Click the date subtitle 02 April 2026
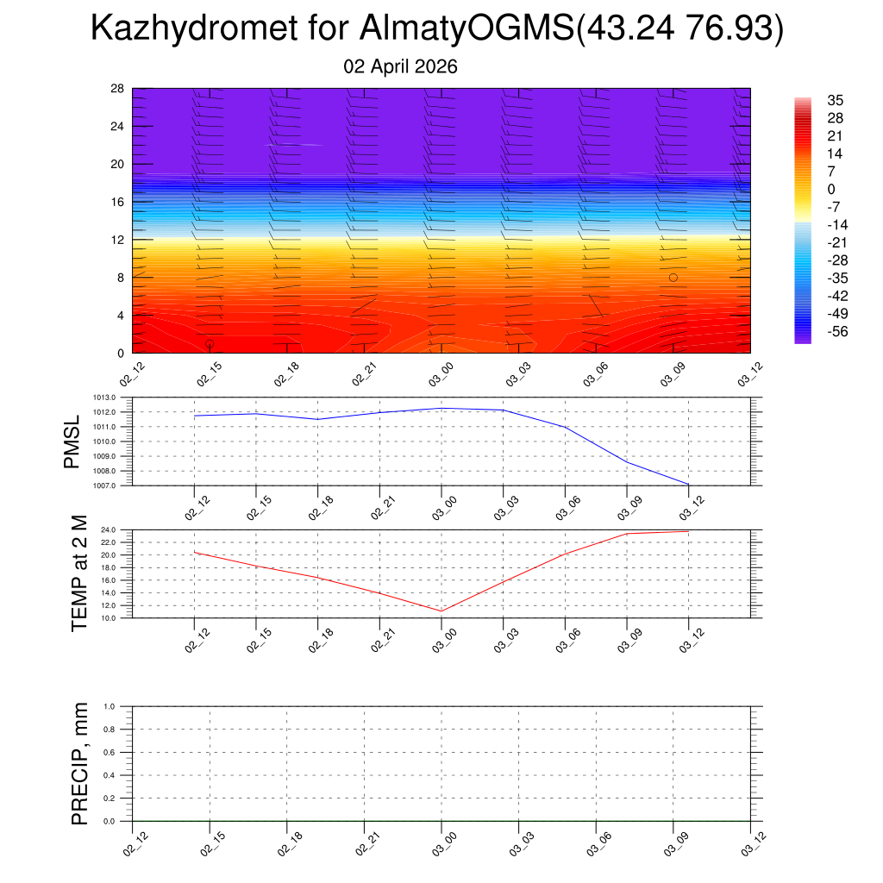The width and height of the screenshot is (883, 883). click(x=400, y=66)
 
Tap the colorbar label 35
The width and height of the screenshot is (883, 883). click(x=835, y=100)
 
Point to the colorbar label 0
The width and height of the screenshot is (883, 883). click(x=830, y=190)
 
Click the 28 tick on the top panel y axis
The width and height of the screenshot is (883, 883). click(x=117, y=89)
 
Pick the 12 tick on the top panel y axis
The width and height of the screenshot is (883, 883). click(x=117, y=240)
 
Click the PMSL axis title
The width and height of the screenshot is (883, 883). click(x=72, y=442)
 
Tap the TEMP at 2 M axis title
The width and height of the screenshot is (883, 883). click(x=80, y=573)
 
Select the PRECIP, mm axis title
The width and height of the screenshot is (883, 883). click(x=80, y=764)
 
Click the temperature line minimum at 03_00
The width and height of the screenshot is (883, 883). click(x=441, y=611)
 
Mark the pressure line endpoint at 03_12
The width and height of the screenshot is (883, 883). click(x=688, y=485)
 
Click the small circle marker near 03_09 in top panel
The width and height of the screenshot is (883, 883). click(x=673, y=277)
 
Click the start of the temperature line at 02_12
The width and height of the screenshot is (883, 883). click(x=195, y=552)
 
